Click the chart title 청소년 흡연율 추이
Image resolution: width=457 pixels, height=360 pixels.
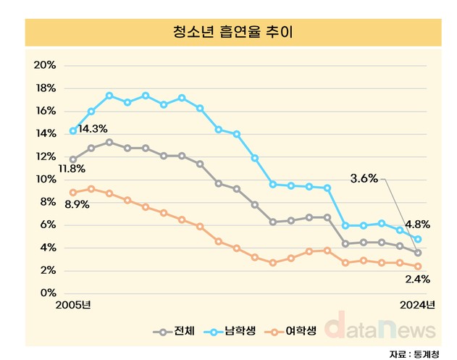pyautogui.click(x=227, y=32)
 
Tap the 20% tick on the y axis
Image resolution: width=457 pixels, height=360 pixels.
pyautogui.click(x=45, y=65)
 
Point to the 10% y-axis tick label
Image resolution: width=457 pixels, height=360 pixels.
pyautogui.click(x=45, y=179)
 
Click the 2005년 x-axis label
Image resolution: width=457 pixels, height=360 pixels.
pyautogui.click(x=72, y=305)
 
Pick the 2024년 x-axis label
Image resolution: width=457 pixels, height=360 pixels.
pyautogui.click(x=417, y=305)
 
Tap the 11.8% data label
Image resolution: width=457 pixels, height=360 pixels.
pyautogui.click(x=72, y=169)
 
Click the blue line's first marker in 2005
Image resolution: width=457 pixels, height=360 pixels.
pyautogui.click(x=72, y=131)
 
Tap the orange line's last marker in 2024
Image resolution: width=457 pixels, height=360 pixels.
pyautogui.click(x=418, y=266)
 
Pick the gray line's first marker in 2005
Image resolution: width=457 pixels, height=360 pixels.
pyautogui.click(x=72, y=159)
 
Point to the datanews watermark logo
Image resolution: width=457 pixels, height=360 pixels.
pyautogui.click(x=380, y=327)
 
